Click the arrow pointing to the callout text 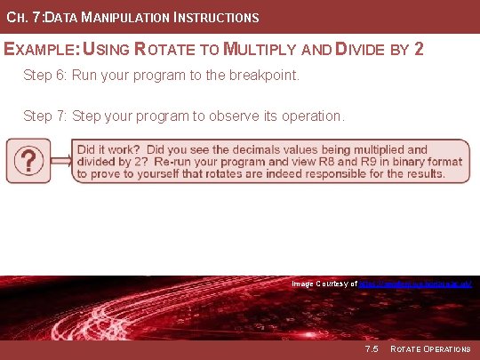60,161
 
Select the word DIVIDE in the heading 360,48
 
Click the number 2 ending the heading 419,48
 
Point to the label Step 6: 46,76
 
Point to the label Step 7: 46,116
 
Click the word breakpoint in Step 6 267,76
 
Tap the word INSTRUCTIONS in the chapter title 213,17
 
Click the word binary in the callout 408,162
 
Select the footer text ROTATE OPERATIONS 430,348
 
